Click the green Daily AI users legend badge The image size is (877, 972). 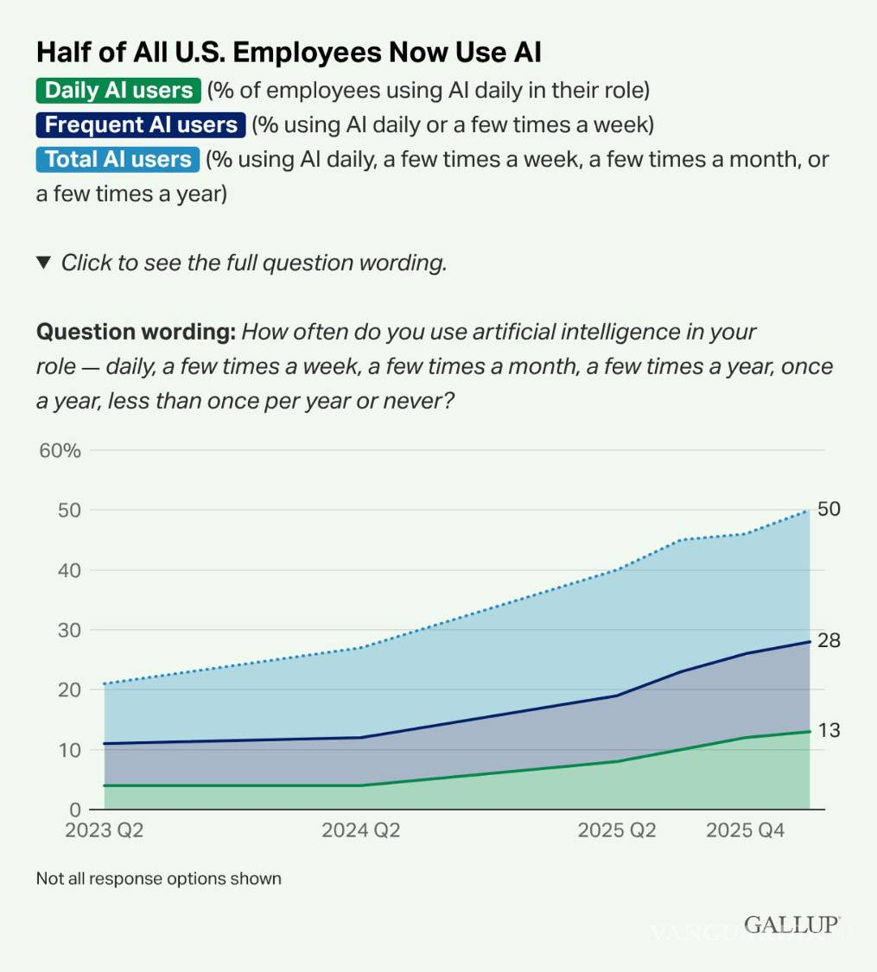[118, 90]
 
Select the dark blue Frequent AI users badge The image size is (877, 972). [141, 124]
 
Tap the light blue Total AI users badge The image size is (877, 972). [118, 159]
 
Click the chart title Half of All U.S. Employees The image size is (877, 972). [289, 52]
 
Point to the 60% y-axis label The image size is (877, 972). [60, 450]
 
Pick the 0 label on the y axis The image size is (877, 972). [75, 810]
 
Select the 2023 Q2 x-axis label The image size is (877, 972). [104, 830]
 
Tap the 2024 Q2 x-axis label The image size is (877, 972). [361, 830]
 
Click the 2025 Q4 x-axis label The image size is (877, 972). [746, 830]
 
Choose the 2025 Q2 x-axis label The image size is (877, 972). [617, 830]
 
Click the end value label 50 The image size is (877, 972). [829, 509]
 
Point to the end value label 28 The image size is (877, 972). [829, 641]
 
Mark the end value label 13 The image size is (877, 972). [829, 731]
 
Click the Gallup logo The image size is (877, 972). [791, 924]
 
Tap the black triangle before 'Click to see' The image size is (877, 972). [44, 263]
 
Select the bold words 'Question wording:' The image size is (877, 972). [136, 332]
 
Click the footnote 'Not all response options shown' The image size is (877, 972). [159, 879]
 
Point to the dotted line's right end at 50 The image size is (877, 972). [810, 510]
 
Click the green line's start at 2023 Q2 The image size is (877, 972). [105, 785]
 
